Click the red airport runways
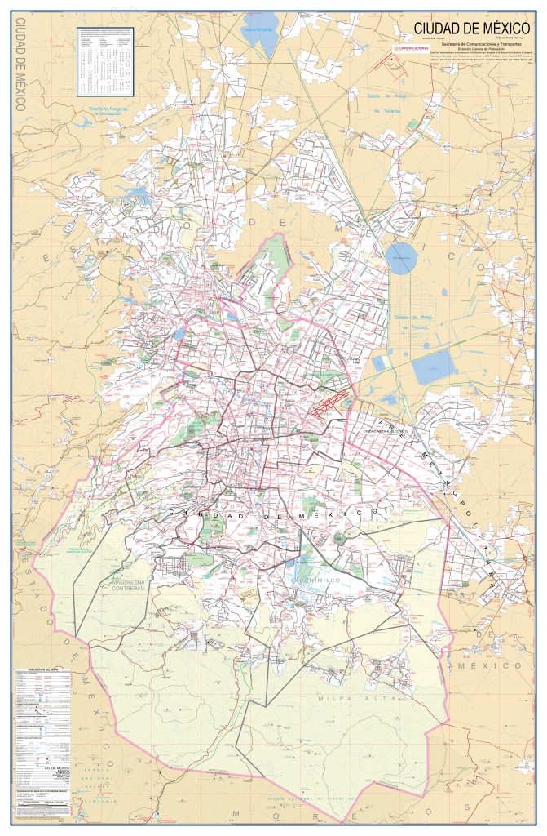click(x=330, y=399)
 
